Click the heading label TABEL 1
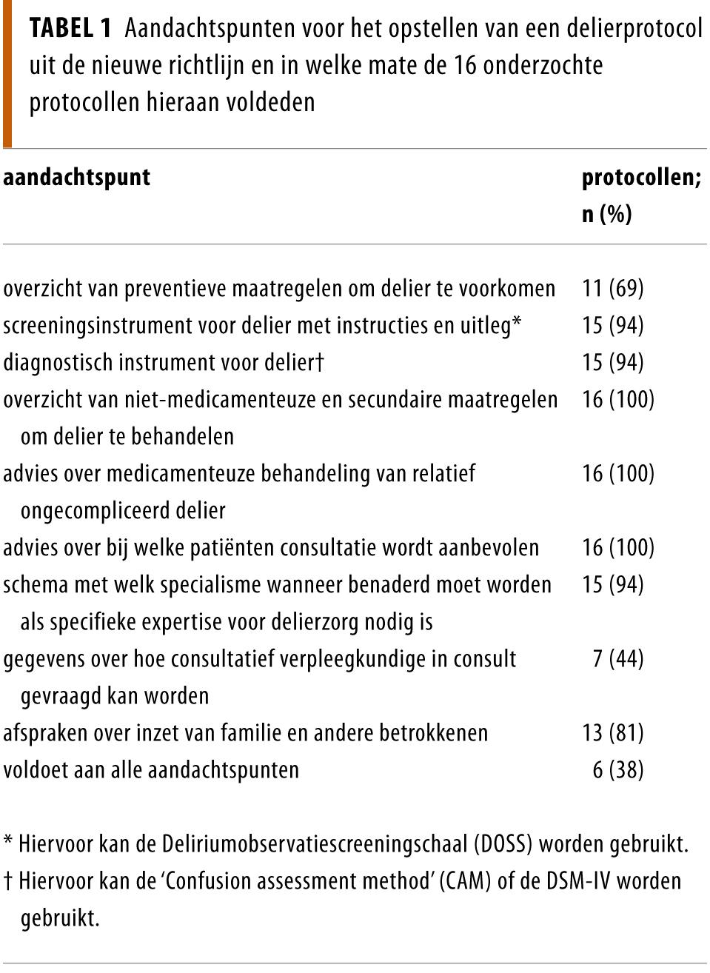tap(70, 29)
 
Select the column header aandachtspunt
tap(76, 178)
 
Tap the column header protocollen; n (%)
tap(640, 195)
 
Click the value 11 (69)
tap(613, 288)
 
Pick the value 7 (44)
tap(617, 658)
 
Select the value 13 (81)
tap(613, 732)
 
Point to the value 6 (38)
tap(617, 769)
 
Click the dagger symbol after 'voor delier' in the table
tap(320, 361)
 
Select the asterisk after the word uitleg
tap(517, 324)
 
